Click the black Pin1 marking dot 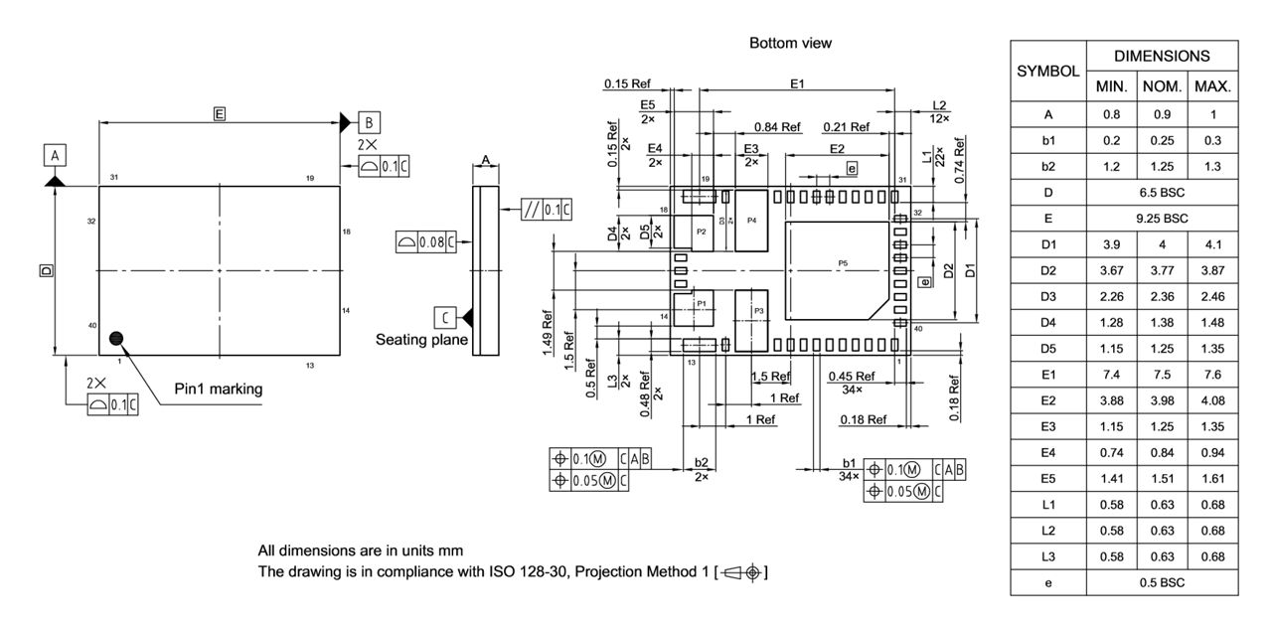click(x=118, y=339)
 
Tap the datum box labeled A click(x=55, y=156)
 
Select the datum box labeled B click(x=368, y=122)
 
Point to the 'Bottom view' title click(x=790, y=43)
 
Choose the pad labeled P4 click(x=752, y=220)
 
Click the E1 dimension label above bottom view click(x=797, y=84)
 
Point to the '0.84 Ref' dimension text click(x=777, y=127)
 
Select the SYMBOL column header click(x=1048, y=72)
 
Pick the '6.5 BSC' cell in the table click(x=1162, y=192)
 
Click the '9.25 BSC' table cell click(x=1162, y=218)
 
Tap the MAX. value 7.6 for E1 click(x=1212, y=374)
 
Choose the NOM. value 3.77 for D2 click(x=1162, y=270)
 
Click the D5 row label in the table click(x=1048, y=348)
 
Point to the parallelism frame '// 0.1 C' click(x=547, y=210)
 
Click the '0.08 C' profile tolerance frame click(x=425, y=241)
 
